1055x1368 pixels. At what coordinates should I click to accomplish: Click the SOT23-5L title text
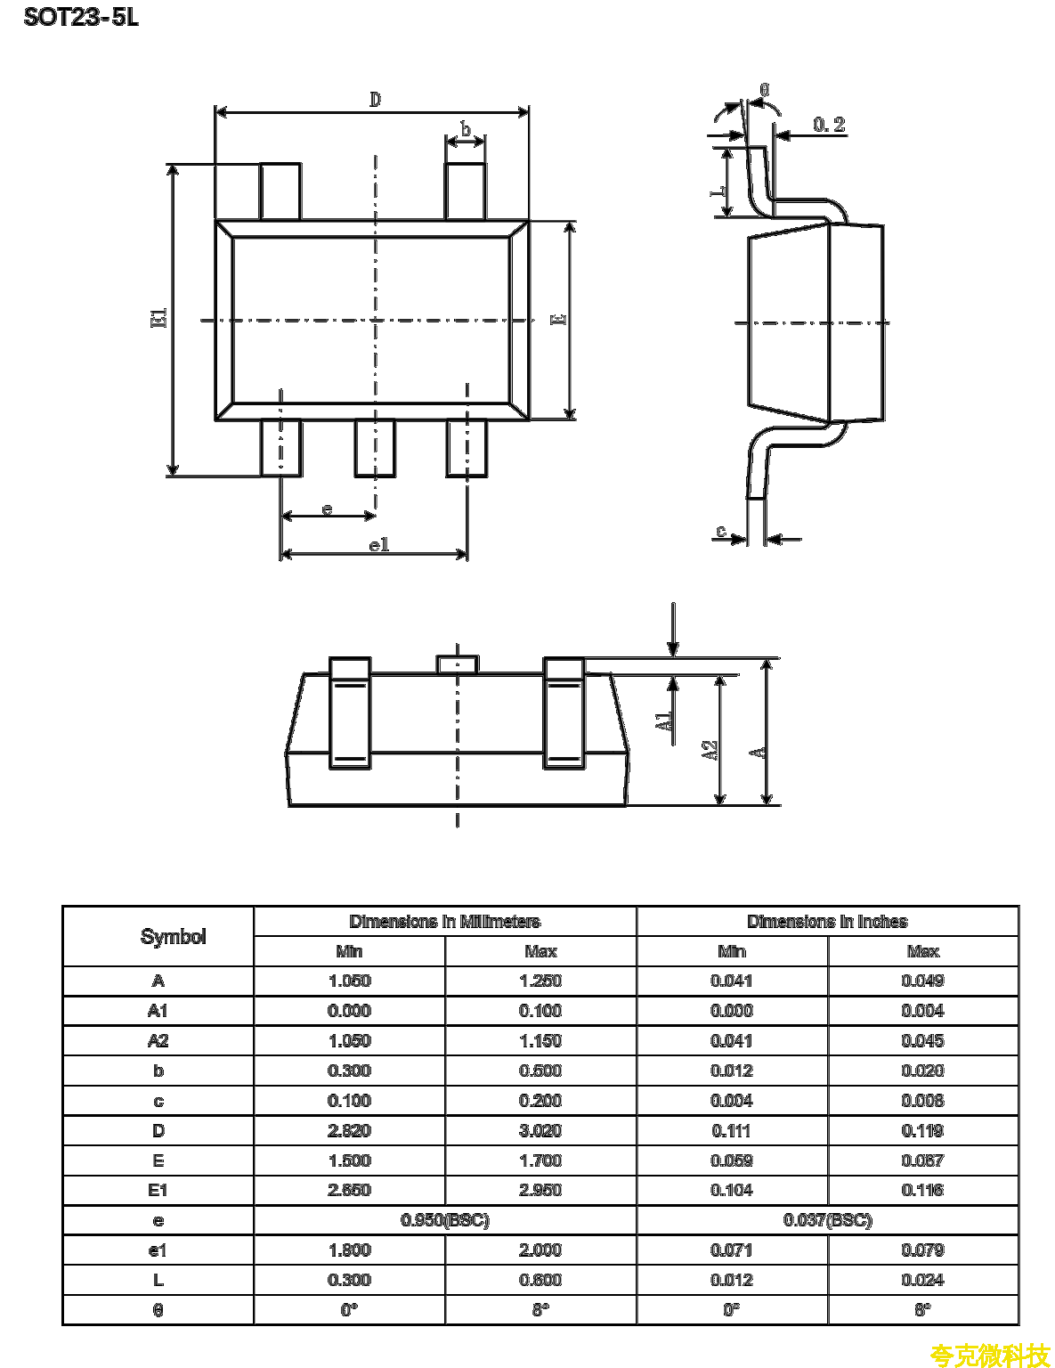pyautogui.click(x=80, y=17)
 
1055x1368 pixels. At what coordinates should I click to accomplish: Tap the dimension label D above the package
pyautogui.click(x=375, y=100)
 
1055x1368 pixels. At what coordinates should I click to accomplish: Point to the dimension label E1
pyautogui.click(x=159, y=318)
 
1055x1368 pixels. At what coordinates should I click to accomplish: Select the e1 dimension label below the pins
pyautogui.click(x=378, y=544)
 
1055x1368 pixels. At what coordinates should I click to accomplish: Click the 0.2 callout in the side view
pyautogui.click(x=829, y=125)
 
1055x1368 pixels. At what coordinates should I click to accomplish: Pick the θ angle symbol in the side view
pyautogui.click(x=765, y=90)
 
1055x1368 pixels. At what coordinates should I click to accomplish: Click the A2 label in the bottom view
pyautogui.click(x=710, y=750)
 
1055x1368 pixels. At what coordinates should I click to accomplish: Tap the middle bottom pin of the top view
pyautogui.click(x=375, y=448)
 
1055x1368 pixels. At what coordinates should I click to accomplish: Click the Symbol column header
pyautogui.click(x=173, y=936)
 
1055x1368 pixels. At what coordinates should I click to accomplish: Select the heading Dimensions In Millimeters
pyautogui.click(x=445, y=922)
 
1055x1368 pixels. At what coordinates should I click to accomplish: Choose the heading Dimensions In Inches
pyautogui.click(x=827, y=922)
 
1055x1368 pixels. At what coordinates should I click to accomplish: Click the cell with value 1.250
pyautogui.click(x=540, y=981)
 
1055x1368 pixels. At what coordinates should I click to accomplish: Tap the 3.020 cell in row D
pyautogui.click(x=540, y=1131)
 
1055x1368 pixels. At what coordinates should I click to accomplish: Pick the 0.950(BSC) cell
pyautogui.click(x=445, y=1221)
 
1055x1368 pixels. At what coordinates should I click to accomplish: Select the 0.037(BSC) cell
pyautogui.click(x=827, y=1221)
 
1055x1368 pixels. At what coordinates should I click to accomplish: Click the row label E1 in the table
pyautogui.click(x=158, y=1191)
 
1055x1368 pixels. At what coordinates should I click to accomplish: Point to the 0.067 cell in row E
pyautogui.click(x=923, y=1160)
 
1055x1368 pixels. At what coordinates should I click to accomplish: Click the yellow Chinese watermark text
pyautogui.click(x=990, y=1355)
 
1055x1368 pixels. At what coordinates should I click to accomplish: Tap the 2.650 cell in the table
pyautogui.click(x=349, y=1191)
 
